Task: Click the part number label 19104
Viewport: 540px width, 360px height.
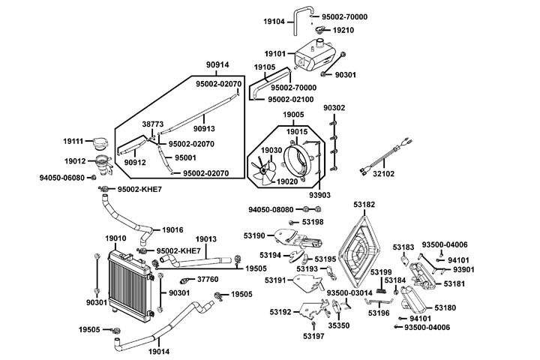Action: click(274, 22)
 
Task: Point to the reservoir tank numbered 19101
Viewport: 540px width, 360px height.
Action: click(315, 57)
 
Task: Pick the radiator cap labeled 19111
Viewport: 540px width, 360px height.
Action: click(98, 142)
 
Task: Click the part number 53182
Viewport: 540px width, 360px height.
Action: click(364, 203)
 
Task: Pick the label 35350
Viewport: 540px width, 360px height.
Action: click(338, 326)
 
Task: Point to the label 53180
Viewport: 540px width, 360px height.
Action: click(445, 307)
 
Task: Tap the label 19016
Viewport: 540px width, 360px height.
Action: click(172, 229)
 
